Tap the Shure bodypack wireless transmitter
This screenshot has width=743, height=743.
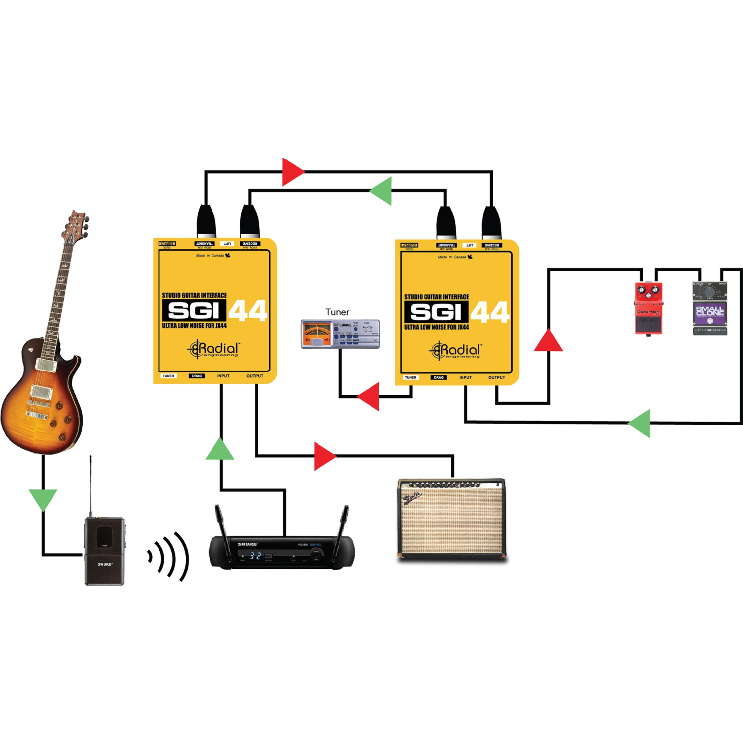[x=104, y=551]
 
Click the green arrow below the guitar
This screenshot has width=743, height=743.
[x=43, y=498]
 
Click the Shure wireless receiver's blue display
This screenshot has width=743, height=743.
[x=255, y=556]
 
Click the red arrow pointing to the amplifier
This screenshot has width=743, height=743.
[x=324, y=456]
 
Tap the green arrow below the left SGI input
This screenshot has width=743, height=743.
[x=220, y=450]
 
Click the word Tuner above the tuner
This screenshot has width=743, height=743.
[x=337, y=312]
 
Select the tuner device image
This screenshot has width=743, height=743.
[x=340, y=334]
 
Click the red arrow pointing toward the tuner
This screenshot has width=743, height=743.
[x=370, y=396]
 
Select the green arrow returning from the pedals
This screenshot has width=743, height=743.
[x=640, y=423]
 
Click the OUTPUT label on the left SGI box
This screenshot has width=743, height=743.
[x=255, y=376]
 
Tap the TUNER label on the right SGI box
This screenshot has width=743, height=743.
[x=410, y=377]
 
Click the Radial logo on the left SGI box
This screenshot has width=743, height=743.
[x=214, y=349]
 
